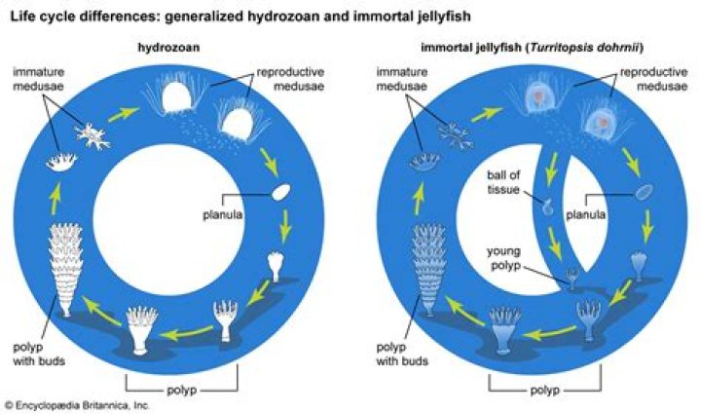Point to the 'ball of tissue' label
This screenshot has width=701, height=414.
pos(509,181)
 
